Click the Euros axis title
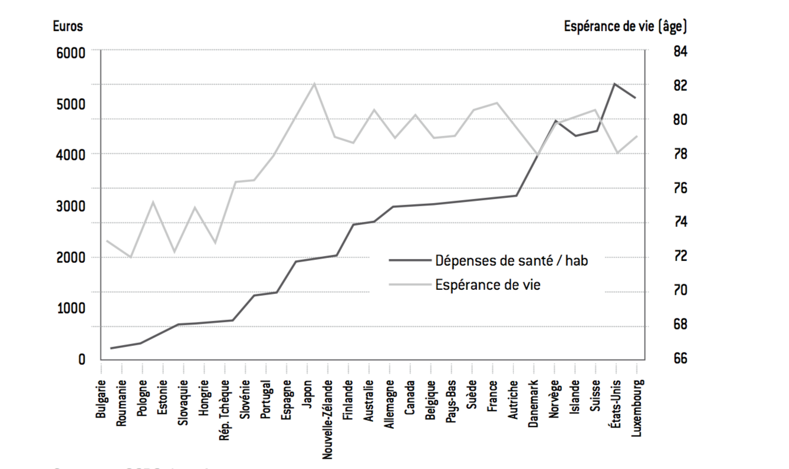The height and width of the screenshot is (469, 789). [x=68, y=27]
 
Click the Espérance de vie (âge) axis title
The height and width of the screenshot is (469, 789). [x=625, y=27]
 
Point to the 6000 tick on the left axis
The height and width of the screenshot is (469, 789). [x=71, y=52]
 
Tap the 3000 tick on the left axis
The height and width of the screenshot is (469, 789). [x=71, y=206]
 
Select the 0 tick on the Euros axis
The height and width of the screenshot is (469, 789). [x=82, y=359]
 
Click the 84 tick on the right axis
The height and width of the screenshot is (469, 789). [x=680, y=52]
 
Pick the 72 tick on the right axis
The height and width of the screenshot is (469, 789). [x=680, y=256]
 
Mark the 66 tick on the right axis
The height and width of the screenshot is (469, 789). [x=680, y=359]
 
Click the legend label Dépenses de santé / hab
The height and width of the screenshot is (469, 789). [x=511, y=260]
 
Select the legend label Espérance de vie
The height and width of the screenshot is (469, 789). [x=488, y=285]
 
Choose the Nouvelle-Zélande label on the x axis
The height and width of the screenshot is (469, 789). [x=328, y=415]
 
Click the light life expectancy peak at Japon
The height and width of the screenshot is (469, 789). [x=314, y=84]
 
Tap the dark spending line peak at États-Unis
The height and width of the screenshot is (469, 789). [x=614, y=84]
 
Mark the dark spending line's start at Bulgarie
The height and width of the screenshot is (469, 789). [x=110, y=348]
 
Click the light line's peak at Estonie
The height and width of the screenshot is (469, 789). [x=153, y=202]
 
